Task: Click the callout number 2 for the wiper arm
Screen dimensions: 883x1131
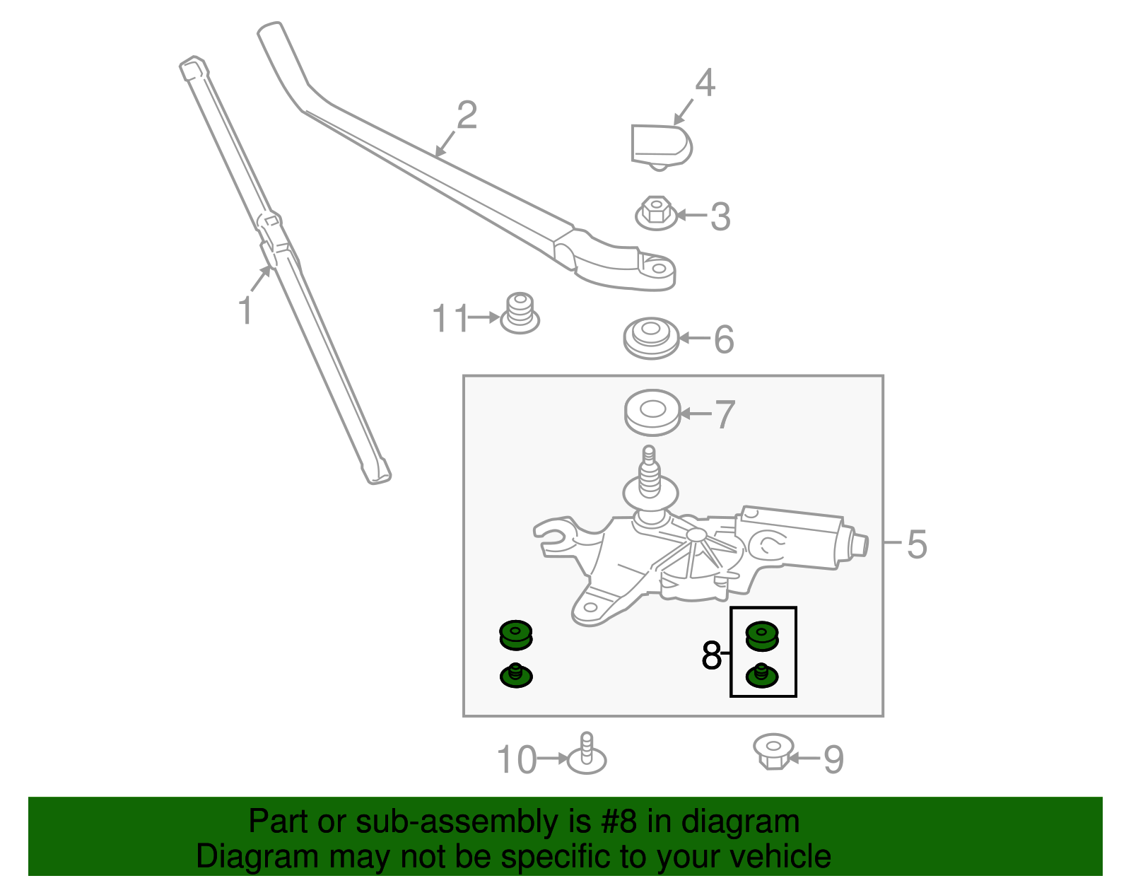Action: tap(467, 115)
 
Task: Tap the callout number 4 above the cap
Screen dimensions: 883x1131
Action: tap(705, 83)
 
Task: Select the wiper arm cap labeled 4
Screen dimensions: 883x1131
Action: tap(660, 146)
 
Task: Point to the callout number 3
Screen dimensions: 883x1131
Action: tap(720, 216)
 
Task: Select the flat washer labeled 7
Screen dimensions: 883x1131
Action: tap(652, 411)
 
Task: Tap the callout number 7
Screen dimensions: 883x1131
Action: tap(725, 414)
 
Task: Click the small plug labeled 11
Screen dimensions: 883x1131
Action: tap(520, 315)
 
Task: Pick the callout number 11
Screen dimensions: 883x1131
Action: tap(450, 319)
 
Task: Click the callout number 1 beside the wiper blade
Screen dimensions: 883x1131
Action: tap(245, 311)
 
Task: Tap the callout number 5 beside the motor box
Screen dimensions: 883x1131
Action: tap(916, 544)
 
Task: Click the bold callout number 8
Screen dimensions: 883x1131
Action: tap(711, 655)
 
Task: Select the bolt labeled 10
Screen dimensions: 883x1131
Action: tap(587, 755)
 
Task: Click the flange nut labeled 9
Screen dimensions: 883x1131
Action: tap(773, 751)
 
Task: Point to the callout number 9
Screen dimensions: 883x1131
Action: tap(833, 760)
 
